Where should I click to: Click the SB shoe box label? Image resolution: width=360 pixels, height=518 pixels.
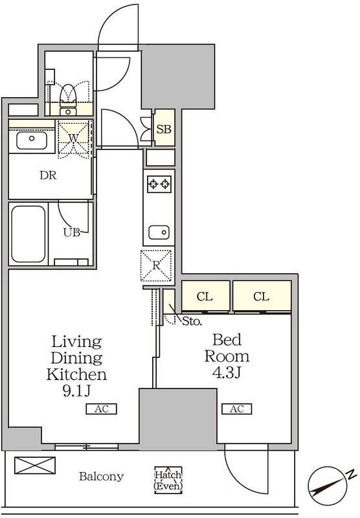click(164, 129)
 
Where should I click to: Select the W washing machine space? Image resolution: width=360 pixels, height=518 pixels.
click(74, 139)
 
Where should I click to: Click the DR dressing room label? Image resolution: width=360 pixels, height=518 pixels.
click(48, 175)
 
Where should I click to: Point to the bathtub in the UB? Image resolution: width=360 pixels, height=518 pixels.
click(28, 234)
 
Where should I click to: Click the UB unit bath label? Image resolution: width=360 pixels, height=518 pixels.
click(72, 232)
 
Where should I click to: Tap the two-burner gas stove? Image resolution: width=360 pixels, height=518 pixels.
click(159, 184)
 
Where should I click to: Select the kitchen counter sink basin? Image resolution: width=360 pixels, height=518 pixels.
click(159, 232)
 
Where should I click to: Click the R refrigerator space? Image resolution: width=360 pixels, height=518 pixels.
click(156, 265)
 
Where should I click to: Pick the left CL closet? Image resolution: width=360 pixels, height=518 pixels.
click(205, 297)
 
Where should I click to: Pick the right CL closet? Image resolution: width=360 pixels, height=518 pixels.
click(262, 297)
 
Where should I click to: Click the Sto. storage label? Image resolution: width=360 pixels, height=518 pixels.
click(192, 321)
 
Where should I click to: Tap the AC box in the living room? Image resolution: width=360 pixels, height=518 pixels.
click(102, 409)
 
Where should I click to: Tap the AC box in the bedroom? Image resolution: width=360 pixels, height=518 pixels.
click(237, 409)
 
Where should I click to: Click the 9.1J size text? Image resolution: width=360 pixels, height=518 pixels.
click(76, 391)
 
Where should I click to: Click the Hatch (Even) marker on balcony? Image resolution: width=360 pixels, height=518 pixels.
click(168, 480)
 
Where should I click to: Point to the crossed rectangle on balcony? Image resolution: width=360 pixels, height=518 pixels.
click(35, 465)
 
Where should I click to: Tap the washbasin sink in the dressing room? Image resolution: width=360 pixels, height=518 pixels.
click(32, 141)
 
